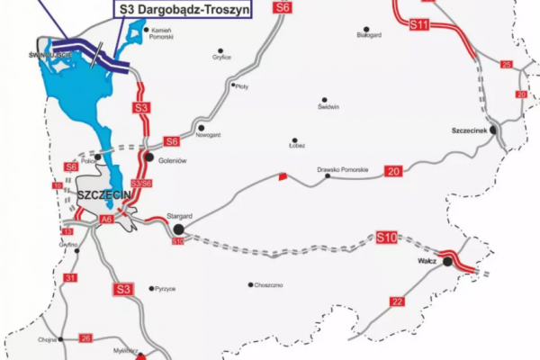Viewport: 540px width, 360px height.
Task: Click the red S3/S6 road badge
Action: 140,183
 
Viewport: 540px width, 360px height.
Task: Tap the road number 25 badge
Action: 506,65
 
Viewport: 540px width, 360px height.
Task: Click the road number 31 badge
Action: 71,278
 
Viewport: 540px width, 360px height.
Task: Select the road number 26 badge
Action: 85,337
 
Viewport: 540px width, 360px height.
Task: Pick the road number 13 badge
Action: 67,232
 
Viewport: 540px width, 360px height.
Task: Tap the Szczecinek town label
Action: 468,130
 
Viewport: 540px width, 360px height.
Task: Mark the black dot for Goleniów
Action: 148,157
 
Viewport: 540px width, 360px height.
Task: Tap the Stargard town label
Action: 180,217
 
